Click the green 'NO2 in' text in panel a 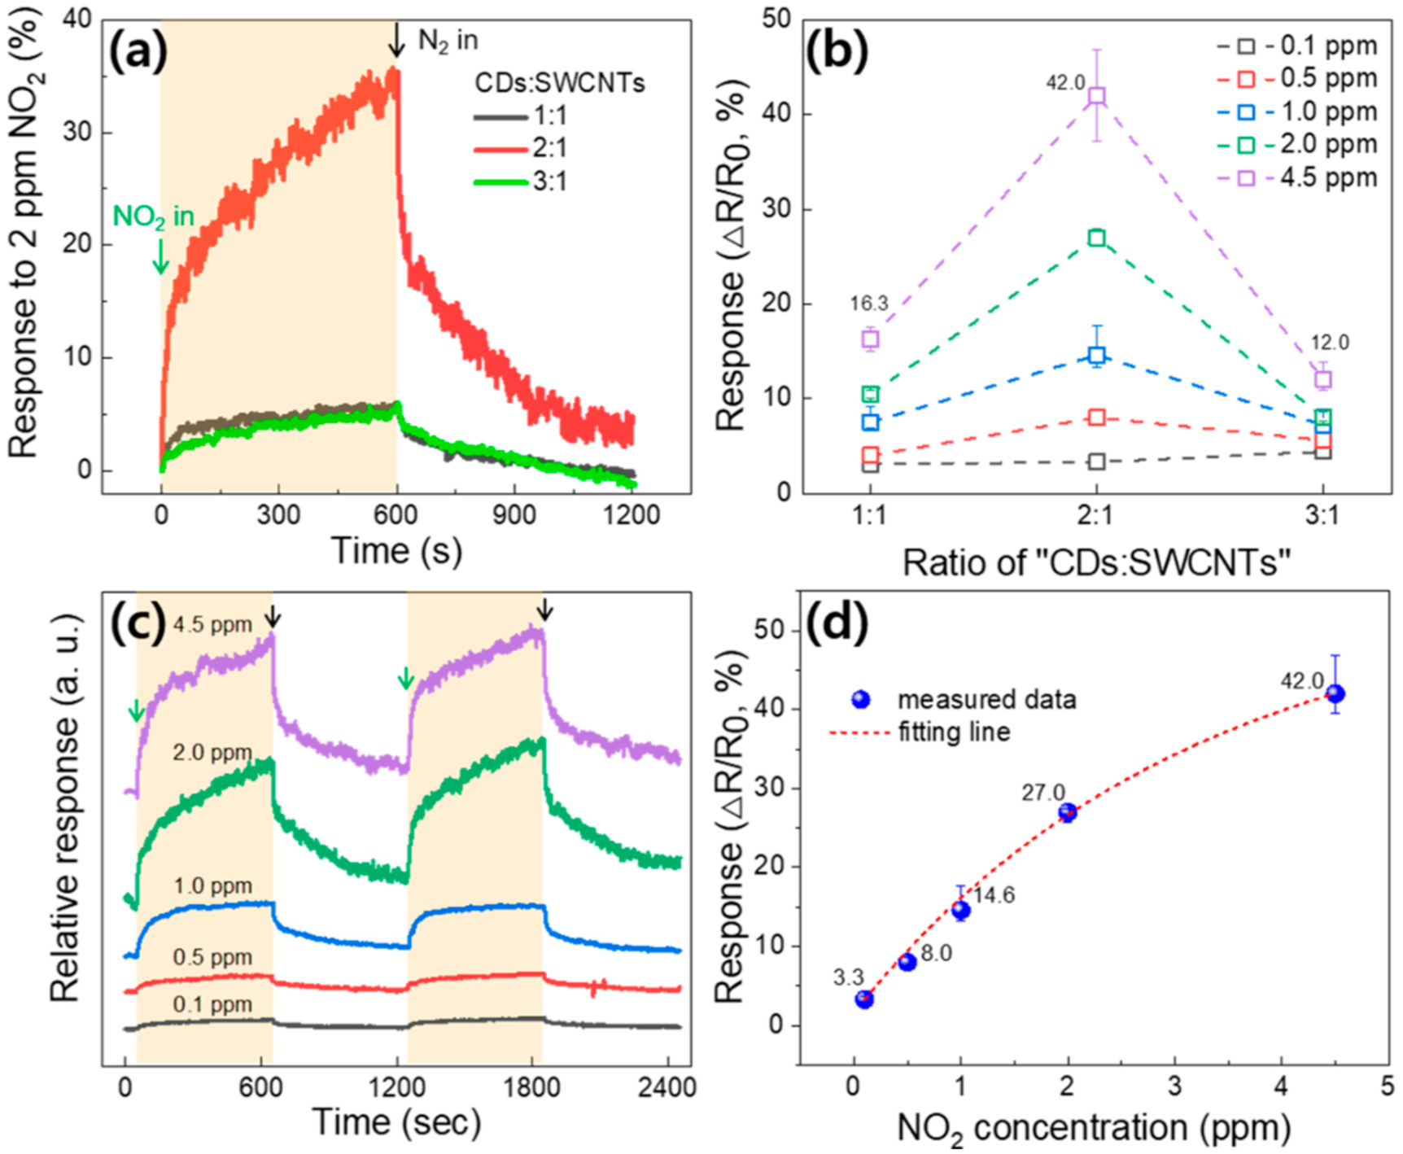[153, 216]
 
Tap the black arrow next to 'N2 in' [396, 40]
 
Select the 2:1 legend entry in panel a [521, 149]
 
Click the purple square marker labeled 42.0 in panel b [1096, 96]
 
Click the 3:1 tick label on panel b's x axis [1322, 515]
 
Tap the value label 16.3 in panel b [869, 304]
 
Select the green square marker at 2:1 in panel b [1096, 238]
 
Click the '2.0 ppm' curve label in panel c [212, 753]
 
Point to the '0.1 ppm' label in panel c [212, 1005]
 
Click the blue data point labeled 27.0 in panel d [1067, 812]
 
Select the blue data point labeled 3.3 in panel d [864, 999]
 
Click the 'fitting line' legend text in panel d [954, 732]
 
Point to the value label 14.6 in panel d [994, 896]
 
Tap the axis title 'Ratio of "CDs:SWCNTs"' [1096, 562]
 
